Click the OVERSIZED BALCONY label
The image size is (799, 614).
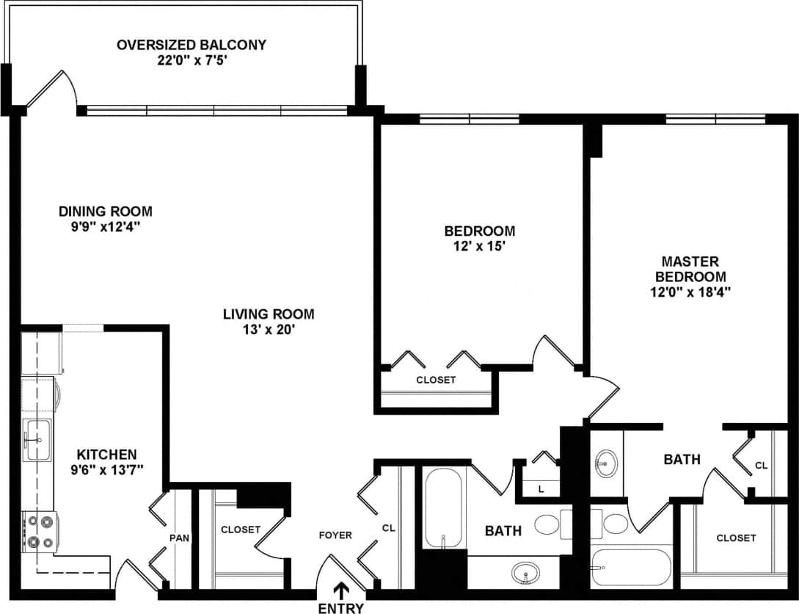coord(191,45)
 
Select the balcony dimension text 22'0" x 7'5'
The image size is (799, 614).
coord(191,59)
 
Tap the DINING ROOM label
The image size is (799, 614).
coord(106,212)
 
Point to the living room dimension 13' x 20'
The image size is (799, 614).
coord(269,330)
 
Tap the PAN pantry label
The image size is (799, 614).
coord(180,538)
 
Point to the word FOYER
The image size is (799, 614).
coord(335,535)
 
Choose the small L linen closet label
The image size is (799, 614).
coord(541,488)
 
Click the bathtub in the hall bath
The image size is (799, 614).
coord(443,507)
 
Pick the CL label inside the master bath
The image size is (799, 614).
coord(762,466)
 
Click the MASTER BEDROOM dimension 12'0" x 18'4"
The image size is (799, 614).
coord(690,292)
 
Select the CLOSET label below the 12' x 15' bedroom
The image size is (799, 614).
coord(436,380)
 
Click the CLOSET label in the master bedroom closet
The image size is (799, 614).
coord(736,538)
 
